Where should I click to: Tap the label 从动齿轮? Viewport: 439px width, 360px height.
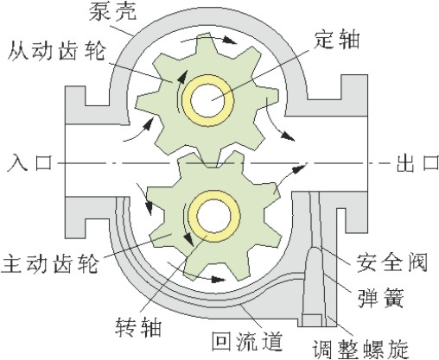pos(56,51)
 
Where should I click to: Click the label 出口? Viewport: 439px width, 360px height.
pos(417,163)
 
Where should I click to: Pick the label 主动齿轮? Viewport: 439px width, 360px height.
pos(49,263)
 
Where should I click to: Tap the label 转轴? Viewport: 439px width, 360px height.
pos(138,327)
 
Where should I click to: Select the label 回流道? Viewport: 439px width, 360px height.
pos(247,341)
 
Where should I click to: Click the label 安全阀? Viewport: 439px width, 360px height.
pos(391,262)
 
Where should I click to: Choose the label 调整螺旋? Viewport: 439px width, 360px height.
pos(361,349)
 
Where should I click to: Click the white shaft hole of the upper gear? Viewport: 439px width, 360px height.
pos(207,100)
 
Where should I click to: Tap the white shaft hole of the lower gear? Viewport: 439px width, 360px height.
pos(213,216)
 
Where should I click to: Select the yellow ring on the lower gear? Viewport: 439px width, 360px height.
pos(192,216)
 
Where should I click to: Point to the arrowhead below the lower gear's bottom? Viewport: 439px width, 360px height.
pos(218,279)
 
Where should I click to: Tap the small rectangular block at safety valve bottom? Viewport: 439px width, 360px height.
pos(312,320)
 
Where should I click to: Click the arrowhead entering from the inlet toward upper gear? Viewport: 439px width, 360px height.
pos(148,123)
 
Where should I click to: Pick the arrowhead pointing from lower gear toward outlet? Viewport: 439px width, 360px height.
pos(299,168)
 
